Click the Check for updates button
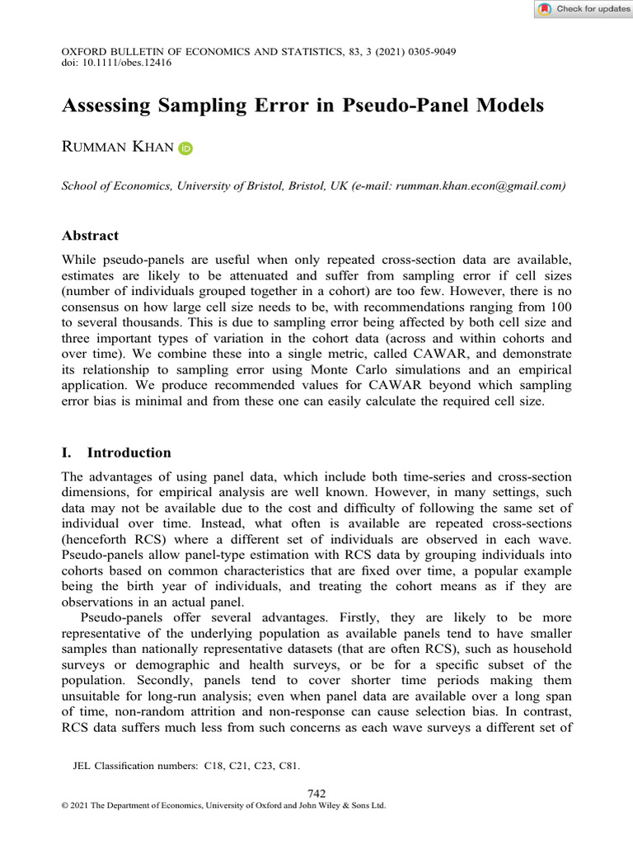coord(584,9)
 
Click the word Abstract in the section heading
coord(91,236)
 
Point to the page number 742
coord(316,793)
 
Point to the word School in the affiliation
coord(81,186)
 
